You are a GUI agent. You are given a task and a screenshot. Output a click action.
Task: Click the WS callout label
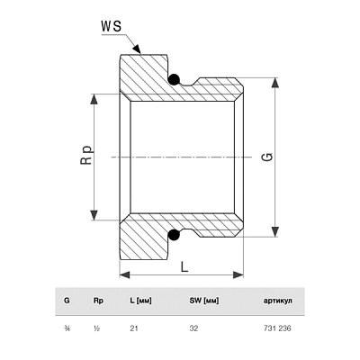click(111, 26)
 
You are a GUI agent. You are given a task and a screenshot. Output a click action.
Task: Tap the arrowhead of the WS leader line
click(137, 49)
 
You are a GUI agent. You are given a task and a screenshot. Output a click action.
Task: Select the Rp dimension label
click(86, 155)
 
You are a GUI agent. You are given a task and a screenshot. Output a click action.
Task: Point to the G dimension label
click(268, 157)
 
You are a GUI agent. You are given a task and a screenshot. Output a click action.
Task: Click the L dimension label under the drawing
click(184, 266)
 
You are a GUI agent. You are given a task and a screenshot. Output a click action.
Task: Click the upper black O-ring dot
click(174, 79)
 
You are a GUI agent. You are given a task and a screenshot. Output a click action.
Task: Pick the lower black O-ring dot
click(174, 235)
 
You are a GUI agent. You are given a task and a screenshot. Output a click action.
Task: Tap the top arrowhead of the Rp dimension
click(94, 99)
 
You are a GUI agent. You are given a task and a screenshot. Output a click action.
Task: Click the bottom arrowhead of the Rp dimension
click(94, 215)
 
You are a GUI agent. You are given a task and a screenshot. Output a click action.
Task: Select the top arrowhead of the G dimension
click(274, 83)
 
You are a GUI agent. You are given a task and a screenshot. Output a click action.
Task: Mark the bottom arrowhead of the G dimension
click(274, 232)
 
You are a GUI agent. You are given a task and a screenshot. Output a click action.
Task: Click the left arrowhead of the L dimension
click(125, 274)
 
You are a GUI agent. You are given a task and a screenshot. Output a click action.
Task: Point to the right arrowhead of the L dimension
click(238, 274)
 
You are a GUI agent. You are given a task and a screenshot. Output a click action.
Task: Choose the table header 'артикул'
click(277, 301)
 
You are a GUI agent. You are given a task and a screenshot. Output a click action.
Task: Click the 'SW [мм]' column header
click(204, 301)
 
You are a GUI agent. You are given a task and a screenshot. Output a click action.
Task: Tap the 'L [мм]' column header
click(140, 301)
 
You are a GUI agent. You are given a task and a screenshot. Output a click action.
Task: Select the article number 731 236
click(277, 328)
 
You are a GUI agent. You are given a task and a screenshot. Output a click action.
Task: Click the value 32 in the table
click(193, 328)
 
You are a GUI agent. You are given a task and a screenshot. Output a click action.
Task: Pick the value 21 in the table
click(134, 328)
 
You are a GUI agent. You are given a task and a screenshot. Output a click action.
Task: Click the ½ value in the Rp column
click(96, 328)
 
